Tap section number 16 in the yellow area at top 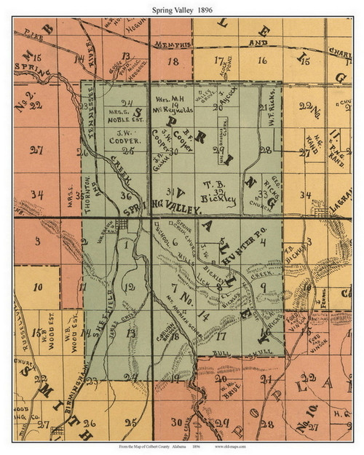(x=263, y=61)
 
